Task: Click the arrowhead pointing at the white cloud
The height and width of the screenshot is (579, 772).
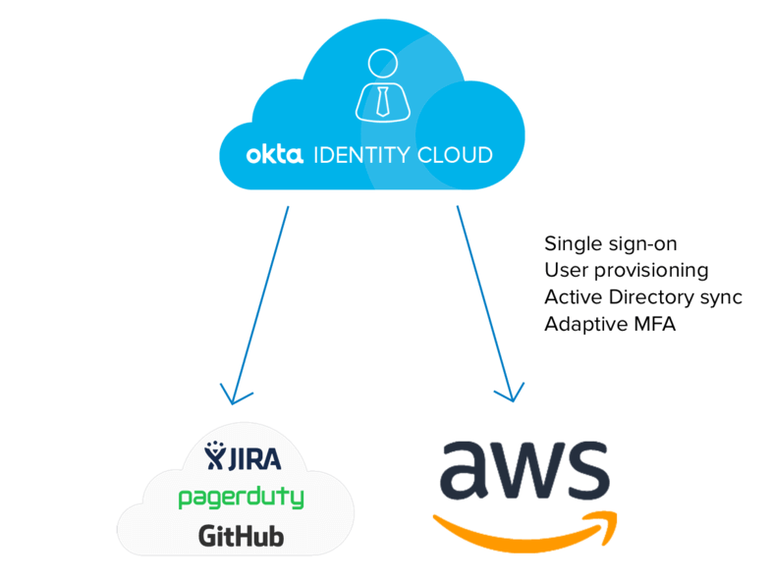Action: pos(232,395)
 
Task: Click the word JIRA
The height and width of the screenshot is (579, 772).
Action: pos(256,457)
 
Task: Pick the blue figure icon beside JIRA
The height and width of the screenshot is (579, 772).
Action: pos(216,457)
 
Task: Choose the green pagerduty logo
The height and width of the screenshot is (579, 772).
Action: pos(241,498)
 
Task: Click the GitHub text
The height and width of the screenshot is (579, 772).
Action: pos(241,537)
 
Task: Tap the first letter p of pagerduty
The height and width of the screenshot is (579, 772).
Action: pos(185,500)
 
